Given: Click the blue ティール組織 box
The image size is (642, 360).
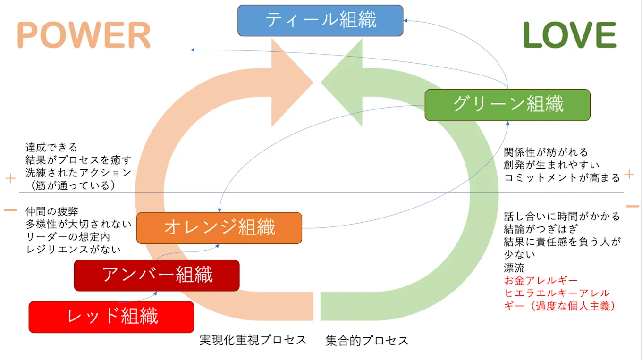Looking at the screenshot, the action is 320,20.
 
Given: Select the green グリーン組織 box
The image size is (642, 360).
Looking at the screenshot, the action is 507,105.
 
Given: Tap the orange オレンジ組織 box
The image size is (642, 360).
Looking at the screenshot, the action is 219,228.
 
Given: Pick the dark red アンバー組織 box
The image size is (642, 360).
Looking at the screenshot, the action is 157,275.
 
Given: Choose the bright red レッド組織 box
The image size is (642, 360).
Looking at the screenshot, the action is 111,317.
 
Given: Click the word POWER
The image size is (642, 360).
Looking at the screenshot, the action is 84,35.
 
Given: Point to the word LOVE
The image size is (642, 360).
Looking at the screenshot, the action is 569,35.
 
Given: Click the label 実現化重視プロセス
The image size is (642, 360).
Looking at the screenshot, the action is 253,340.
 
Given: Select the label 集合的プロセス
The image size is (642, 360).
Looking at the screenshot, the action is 367,341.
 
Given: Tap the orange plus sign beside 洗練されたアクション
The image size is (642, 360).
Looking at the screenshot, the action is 10,178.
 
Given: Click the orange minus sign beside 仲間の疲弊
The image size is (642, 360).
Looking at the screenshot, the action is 10,210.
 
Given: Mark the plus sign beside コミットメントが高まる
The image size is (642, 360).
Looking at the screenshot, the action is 629,175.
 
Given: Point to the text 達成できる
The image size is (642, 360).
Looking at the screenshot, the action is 51,148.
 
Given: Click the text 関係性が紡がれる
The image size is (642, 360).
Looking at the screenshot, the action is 546,152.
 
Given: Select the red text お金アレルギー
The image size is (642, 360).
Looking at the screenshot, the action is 541,280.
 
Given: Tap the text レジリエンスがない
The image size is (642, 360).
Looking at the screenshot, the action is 73,250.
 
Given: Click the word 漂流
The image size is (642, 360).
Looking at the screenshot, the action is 514,268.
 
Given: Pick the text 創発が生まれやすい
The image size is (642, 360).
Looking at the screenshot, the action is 552,165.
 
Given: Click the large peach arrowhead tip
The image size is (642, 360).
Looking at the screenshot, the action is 313,83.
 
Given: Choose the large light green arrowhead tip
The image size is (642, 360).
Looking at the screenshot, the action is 321,83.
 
